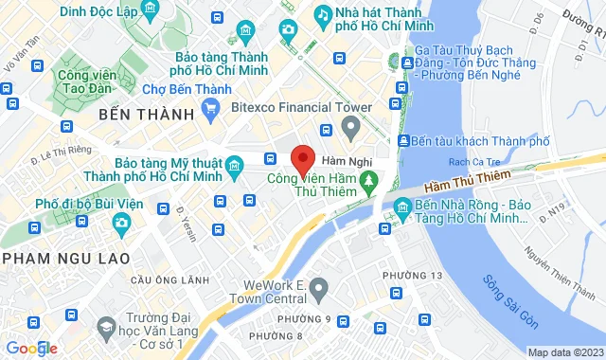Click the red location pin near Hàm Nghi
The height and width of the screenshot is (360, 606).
(x=302, y=158)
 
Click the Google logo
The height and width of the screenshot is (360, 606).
(x=32, y=348)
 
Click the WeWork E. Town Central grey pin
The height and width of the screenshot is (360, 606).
(x=319, y=286)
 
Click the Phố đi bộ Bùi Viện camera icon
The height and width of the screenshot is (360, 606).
(x=121, y=223)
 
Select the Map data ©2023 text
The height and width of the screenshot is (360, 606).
(x=563, y=352)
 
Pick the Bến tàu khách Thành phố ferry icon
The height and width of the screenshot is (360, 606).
(x=405, y=141)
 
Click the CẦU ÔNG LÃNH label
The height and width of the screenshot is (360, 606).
(x=169, y=279)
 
